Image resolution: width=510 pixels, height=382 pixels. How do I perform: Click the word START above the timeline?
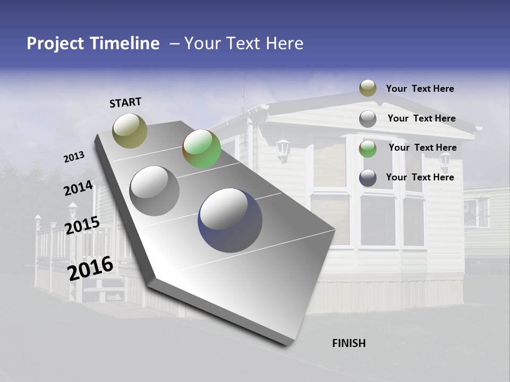[125, 102]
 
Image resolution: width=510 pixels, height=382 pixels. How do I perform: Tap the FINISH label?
[349, 343]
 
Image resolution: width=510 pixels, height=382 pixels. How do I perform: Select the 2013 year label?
[74, 157]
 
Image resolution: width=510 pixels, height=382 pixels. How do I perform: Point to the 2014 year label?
[78, 188]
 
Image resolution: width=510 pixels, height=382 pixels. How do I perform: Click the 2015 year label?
[82, 225]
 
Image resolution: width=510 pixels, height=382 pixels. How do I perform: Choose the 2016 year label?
[90, 268]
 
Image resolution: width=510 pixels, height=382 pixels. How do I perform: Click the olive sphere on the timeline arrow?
[130, 131]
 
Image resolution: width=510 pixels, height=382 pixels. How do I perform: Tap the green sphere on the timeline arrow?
[201, 149]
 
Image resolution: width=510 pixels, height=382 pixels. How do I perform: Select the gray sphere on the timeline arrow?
[155, 190]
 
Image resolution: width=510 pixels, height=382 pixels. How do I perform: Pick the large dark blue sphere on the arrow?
[230, 220]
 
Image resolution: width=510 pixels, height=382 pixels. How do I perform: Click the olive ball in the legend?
[368, 89]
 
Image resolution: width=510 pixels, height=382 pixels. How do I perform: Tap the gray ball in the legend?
[368, 119]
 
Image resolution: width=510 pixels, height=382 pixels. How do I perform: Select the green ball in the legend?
[368, 149]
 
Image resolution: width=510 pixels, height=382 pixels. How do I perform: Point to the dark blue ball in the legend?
[368, 178]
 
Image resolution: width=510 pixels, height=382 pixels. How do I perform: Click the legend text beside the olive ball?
[420, 89]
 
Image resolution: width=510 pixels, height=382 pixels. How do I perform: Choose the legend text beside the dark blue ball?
[420, 177]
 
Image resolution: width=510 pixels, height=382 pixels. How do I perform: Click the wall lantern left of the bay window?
[283, 150]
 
